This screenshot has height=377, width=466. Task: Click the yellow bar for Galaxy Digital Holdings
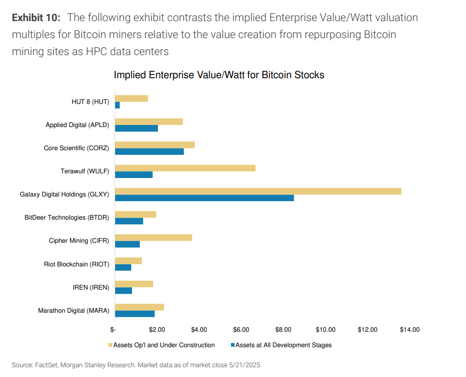[x=258, y=191]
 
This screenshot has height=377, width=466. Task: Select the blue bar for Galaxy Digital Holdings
[x=204, y=198]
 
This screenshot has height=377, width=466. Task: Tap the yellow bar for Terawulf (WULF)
[x=185, y=168]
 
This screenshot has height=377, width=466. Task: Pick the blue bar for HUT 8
[x=117, y=105]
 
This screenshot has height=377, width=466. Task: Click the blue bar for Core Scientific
[x=149, y=152]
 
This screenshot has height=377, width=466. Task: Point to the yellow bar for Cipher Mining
[x=153, y=238]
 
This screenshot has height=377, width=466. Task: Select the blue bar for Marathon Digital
[x=135, y=314]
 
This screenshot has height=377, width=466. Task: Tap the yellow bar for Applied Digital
[x=149, y=122]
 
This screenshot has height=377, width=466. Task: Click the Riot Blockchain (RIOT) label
[x=77, y=264]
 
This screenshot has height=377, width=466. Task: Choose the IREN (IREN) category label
[x=91, y=288]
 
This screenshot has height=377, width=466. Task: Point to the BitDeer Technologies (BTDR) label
[x=67, y=218]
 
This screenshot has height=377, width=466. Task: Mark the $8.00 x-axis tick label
[x=283, y=329]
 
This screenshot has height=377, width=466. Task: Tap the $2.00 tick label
[x=157, y=329]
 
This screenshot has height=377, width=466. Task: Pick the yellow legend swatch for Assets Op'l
[x=111, y=345]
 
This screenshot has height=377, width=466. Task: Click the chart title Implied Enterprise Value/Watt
[x=219, y=75]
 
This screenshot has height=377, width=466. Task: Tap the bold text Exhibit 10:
[x=36, y=18]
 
